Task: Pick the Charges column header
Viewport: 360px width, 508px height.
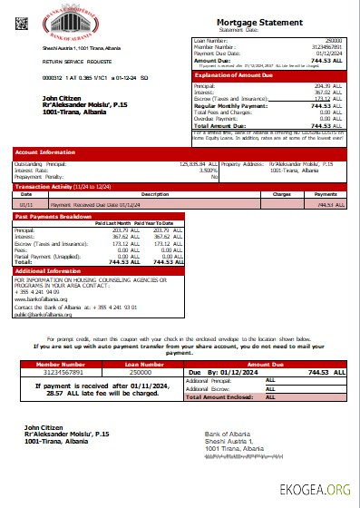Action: point(282,193)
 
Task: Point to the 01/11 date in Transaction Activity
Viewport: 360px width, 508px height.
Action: point(27,204)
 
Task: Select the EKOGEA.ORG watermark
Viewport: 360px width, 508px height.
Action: point(321,491)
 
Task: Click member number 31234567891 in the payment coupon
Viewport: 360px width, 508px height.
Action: point(58,372)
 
